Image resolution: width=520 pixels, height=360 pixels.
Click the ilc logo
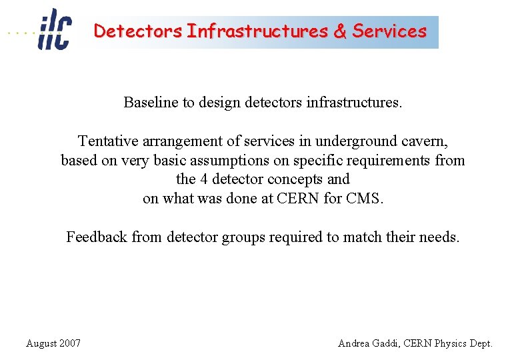53,29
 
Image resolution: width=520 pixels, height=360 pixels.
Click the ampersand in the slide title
340,31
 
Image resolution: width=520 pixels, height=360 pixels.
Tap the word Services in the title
389,31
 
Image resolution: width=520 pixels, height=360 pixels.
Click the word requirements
392,161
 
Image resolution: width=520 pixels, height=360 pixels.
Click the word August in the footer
42,343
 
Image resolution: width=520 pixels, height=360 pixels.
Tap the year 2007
70,343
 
